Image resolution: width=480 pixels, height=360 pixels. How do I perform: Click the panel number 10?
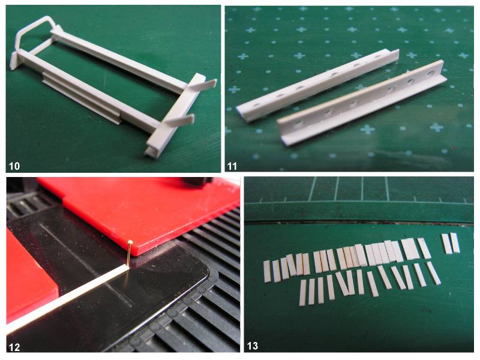click(14, 166)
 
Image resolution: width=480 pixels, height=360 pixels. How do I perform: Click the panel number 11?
click(232, 166)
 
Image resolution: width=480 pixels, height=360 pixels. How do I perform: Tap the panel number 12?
click(14, 347)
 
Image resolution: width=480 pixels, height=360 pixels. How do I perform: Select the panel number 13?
click(252, 346)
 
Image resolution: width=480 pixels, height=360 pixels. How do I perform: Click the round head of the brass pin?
click(130, 242)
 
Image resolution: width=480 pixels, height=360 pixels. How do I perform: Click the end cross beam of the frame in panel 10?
click(175, 116)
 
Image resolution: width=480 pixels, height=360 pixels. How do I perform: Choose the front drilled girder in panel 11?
click(361, 103)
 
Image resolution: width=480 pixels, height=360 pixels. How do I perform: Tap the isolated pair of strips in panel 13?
click(451, 243)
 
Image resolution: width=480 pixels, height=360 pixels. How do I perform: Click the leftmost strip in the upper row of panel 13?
click(267, 271)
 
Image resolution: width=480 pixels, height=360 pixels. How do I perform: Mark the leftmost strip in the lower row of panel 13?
click(302, 292)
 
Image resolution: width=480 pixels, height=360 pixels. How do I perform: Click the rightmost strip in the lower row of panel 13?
click(433, 273)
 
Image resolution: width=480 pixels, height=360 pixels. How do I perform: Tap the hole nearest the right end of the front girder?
click(431, 73)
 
